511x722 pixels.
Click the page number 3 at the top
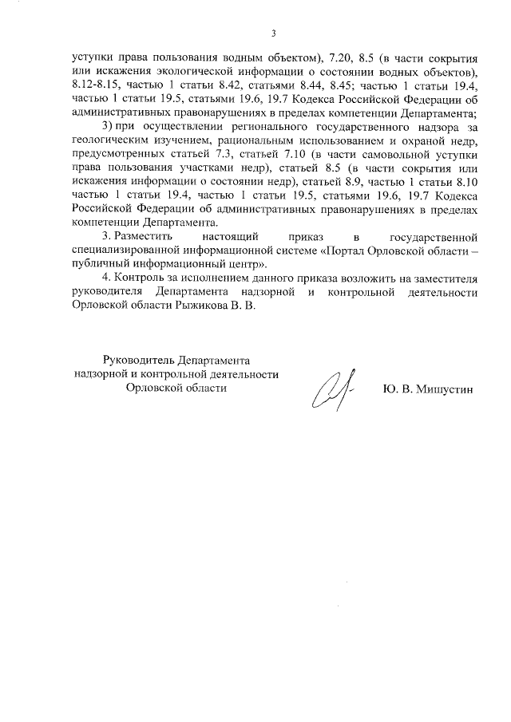(x=273, y=33)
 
